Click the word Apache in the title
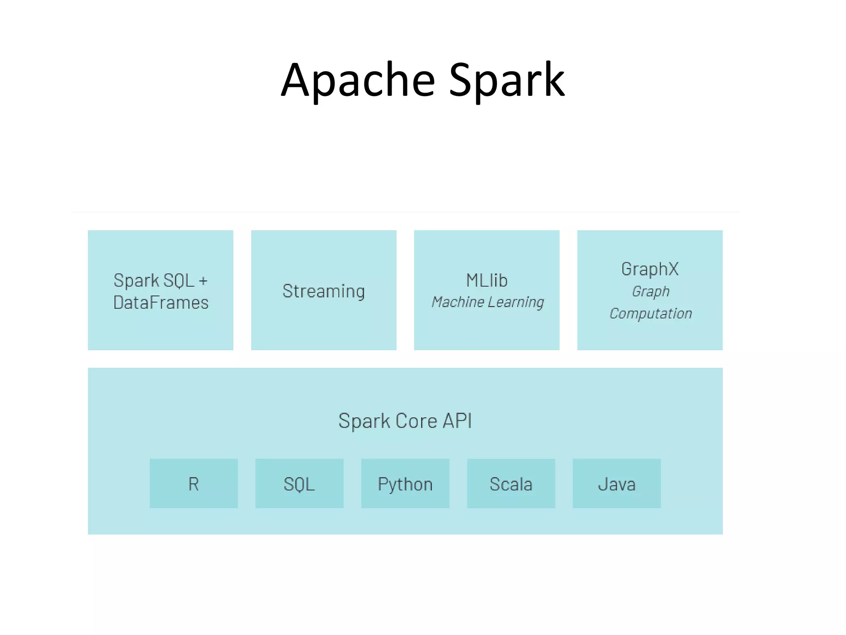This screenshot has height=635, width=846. [x=358, y=81]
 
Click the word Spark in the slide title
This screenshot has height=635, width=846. [x=506, y=81]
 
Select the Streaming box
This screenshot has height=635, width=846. [x=323, y=291]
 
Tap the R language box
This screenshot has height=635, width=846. [x=193, y=484]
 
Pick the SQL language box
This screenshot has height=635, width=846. [x=299, y=484]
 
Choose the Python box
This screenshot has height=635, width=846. [x=405, y=484]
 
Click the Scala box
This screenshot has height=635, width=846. [x=511, y=484]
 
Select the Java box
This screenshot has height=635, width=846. [x=616, y=484]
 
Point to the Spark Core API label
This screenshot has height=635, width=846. [x=405, y=421]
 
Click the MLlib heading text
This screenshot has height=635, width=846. [x=487, y=281]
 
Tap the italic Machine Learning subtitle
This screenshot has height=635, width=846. [x=487, y=302]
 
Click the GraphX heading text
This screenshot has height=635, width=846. [x=650, y=269]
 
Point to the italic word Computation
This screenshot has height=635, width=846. [x=651, y=313]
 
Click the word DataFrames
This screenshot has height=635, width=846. [x=161, y=303]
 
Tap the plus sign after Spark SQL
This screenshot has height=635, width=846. [x=203, y=281]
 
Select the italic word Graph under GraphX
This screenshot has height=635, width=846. [x=651, y=291]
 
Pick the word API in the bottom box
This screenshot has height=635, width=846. [x=457, y=421]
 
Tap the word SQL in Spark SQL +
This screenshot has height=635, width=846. [x=178, y=281]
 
